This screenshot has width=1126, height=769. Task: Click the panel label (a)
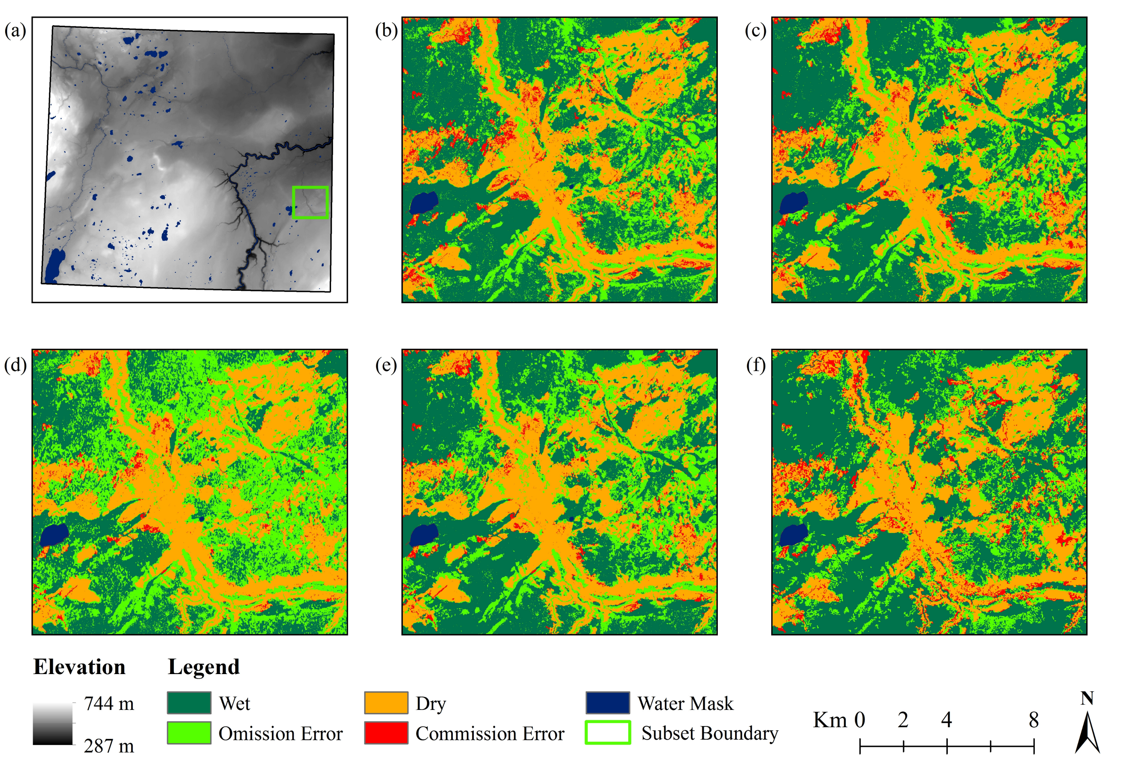pos(15,31)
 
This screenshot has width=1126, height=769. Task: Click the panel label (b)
pos(386,31)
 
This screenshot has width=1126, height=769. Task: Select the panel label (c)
pos(755,31)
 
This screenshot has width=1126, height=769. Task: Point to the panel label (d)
pos(15,364)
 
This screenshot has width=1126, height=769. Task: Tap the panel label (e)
pos(386,364)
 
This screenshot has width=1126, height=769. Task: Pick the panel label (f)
pos(755,364)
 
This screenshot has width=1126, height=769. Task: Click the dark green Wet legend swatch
pos(189,703)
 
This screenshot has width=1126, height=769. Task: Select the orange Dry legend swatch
pos(386,703)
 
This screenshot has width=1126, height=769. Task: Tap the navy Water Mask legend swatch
pos(608,703)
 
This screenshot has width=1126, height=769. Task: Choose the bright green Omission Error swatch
pos(189,733)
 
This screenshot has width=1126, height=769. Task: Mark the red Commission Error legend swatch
pos(386,733)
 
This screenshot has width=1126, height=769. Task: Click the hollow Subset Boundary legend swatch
pos(608,733)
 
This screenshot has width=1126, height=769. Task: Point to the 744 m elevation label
pos(109,703)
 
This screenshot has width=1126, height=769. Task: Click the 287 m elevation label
pos(109,746)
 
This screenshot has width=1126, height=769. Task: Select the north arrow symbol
pos(1087,731)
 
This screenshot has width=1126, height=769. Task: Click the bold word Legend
pos(203,667)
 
